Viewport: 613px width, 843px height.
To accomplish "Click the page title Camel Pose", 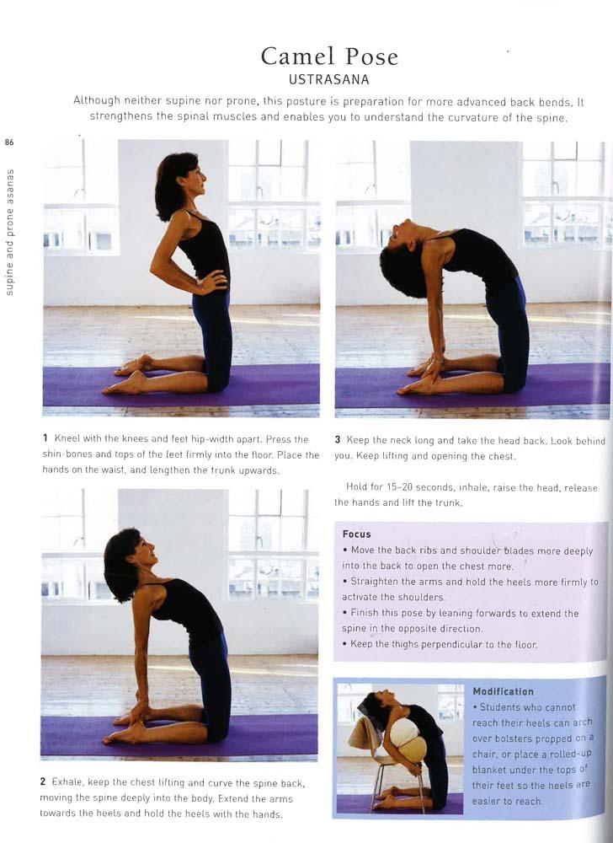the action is (x=329, y=56).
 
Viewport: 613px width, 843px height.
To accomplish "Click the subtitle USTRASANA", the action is (x=329, y=79).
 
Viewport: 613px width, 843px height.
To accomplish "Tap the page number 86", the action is (x=9, y=142).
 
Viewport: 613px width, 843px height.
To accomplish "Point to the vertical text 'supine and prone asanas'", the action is (x=9, y=233).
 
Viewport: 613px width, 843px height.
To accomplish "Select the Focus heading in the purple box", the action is (x=356, y=534).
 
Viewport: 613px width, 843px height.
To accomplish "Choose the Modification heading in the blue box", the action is (x=503, y=691).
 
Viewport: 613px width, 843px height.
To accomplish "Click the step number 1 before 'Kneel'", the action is (x=45, y=438).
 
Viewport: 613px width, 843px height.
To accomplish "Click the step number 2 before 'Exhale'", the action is (x=43, y=781).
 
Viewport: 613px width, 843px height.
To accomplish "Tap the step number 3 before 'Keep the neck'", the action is (x=338, y=439).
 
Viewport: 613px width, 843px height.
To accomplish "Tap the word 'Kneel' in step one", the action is (x=67, y=438).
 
